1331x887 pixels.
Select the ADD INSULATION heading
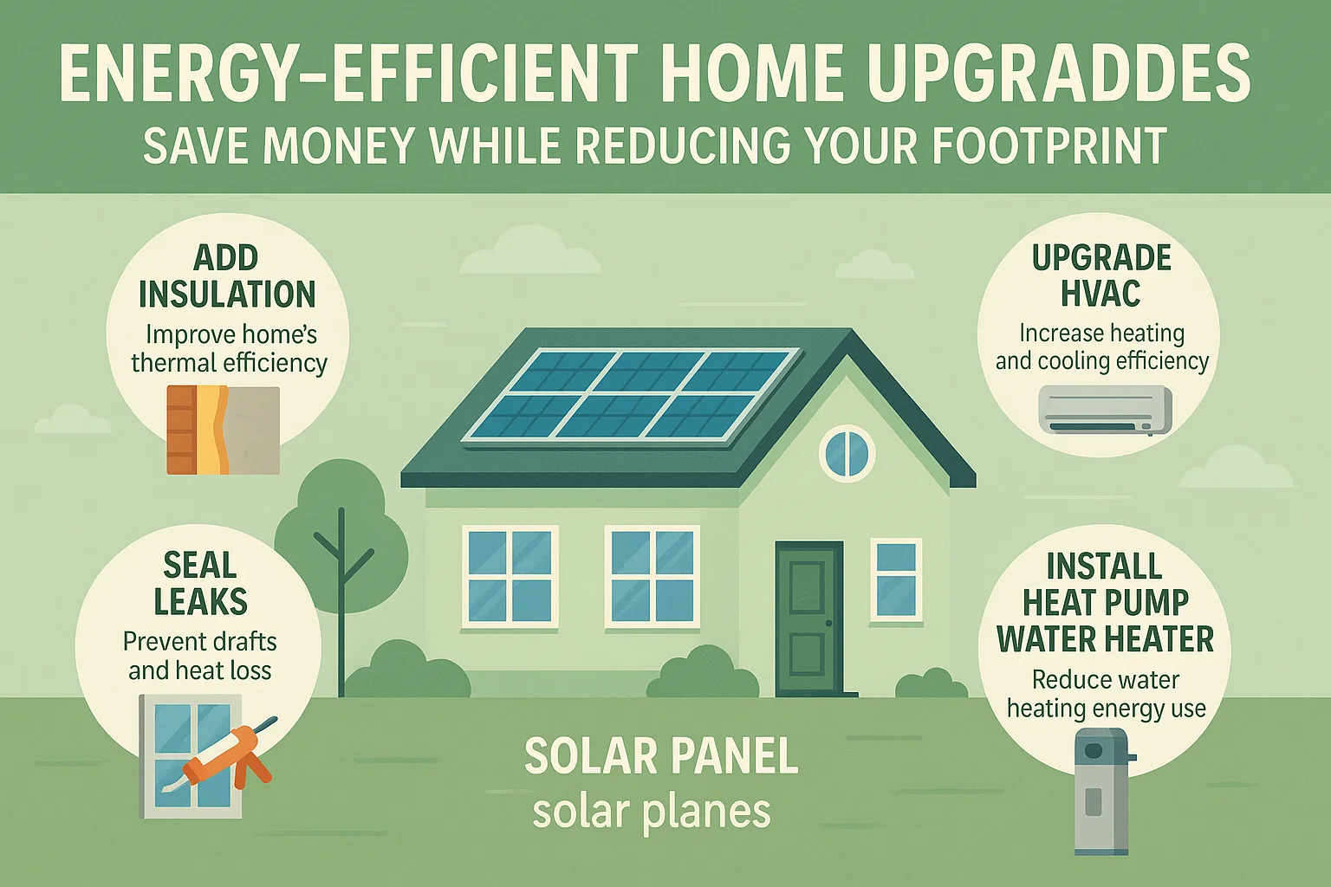tap(227, 276)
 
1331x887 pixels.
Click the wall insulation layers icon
tap(223, 431)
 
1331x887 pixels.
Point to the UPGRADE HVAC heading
tap(1101, 276)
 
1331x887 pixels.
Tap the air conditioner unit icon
tap(1105, 410)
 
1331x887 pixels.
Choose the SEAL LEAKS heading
tap(200, 583)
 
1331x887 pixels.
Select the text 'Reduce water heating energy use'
tap(1106, 694)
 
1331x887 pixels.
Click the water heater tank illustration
tap(1102, 790)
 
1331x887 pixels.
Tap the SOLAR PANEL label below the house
tap(661, 756)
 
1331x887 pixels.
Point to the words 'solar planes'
tap(651, 812)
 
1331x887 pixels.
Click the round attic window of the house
tap(847, 453)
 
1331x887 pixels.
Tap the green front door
tap(808, 618)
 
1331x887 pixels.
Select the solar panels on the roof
tap(630, 394)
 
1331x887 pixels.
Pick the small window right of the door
tap(896, 579)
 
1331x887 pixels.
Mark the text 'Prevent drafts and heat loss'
tap(200, 656)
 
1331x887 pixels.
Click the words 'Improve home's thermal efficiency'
tap(229, 348)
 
